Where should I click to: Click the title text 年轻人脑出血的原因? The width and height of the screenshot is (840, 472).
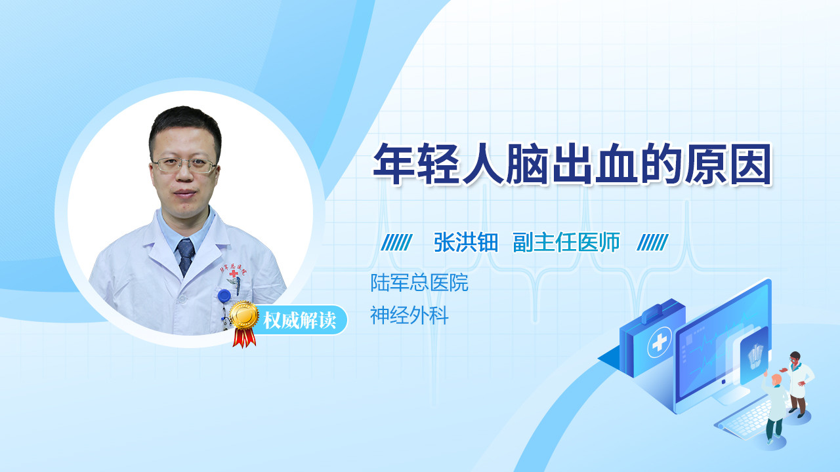(x=572, y=164)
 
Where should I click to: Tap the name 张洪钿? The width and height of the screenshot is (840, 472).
(x=466, y=243)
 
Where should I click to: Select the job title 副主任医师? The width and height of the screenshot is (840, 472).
(x=566, y=243)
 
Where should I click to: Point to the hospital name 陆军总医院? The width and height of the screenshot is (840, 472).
(x=419, y=283)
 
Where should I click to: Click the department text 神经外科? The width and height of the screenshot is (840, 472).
(x=409, y=315)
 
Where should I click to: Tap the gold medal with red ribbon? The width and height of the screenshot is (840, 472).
(x=244, y=324)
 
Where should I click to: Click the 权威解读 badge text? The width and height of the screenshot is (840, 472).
(x=300, y=321)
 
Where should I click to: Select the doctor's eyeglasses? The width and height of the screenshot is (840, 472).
(x=184, y=165)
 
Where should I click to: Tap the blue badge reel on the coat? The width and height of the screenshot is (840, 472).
(x=224, y=296)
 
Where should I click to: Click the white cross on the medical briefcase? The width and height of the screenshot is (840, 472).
(x=660, y=342)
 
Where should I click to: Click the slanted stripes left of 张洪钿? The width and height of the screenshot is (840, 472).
(x=397, y=243)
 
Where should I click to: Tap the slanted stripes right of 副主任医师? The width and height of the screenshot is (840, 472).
(x=652, y=243)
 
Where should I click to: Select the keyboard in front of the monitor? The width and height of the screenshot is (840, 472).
(x=744, y=422)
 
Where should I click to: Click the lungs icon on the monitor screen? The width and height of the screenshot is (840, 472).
(x=755, y=357)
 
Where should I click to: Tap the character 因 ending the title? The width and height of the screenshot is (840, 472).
(x=751, y=164)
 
